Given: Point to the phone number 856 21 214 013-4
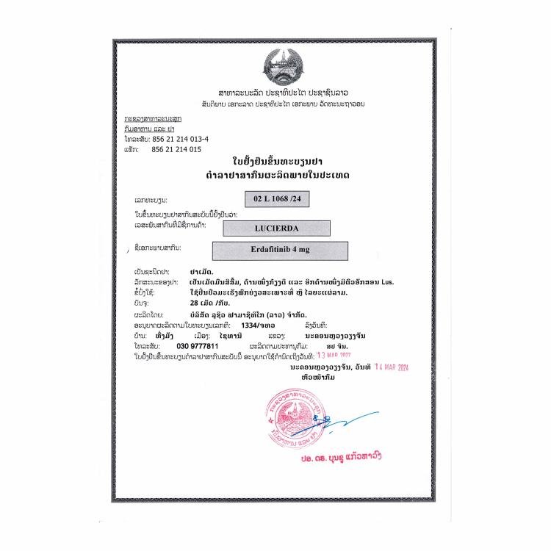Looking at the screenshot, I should pos(180,139).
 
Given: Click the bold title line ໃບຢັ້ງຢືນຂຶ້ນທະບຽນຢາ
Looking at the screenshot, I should pos(275,162).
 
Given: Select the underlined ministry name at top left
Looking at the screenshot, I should pos(154,119).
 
